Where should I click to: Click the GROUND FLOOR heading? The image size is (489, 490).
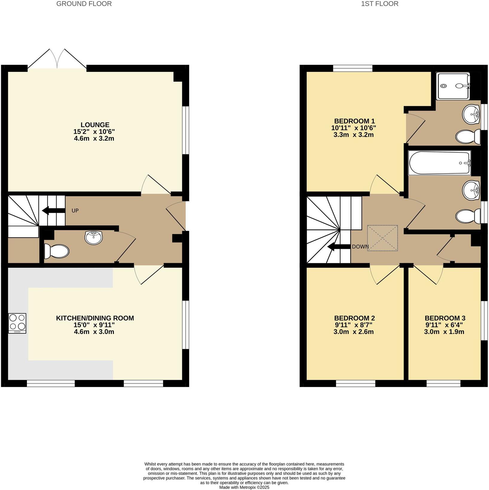click(84, 4)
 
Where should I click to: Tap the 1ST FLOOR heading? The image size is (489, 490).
click(380, 4)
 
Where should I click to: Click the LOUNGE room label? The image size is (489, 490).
click(95, 125)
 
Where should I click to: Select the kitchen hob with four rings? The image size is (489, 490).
click(17, 323)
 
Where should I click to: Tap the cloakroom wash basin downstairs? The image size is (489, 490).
click(93, 238)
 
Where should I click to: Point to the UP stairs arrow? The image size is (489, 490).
click(54, 210)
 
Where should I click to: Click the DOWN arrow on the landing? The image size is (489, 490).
click(339, 247)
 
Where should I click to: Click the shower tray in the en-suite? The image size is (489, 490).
click(453, 86)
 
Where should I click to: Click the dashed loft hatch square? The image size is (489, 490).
click(382, 238)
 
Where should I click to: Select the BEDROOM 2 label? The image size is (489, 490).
click(354, 318)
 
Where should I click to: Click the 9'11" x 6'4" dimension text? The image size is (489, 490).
click(444, 325)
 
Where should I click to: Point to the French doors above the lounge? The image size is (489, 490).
click(57, 59)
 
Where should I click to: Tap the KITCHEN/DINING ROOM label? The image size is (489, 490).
click(95, 318)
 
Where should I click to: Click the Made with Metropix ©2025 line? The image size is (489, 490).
click(244, 487)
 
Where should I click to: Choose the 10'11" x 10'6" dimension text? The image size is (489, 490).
click(353, 128)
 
